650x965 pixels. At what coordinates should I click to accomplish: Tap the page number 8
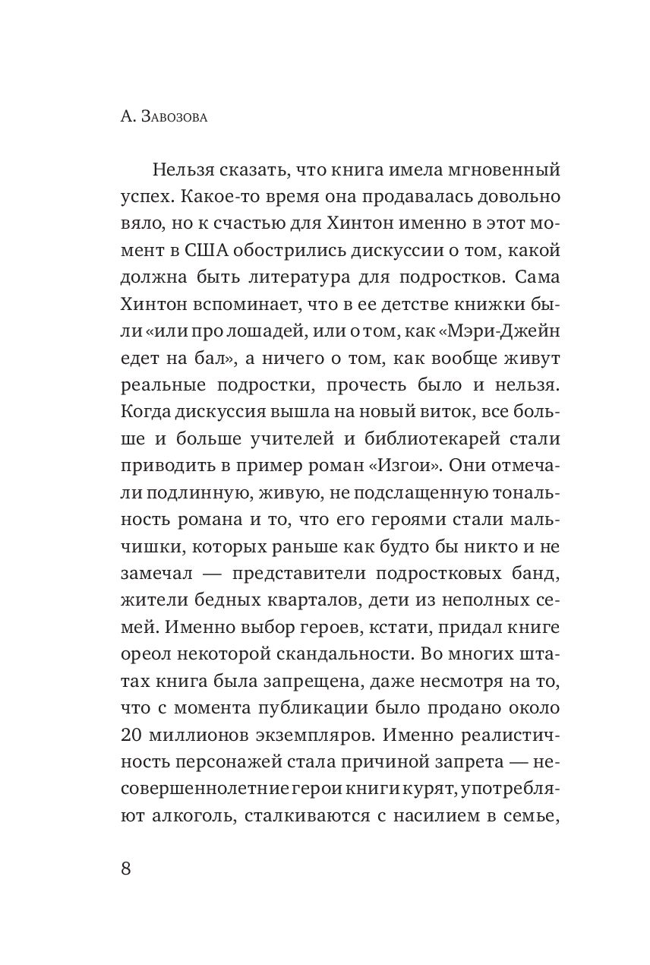[126, 868]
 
